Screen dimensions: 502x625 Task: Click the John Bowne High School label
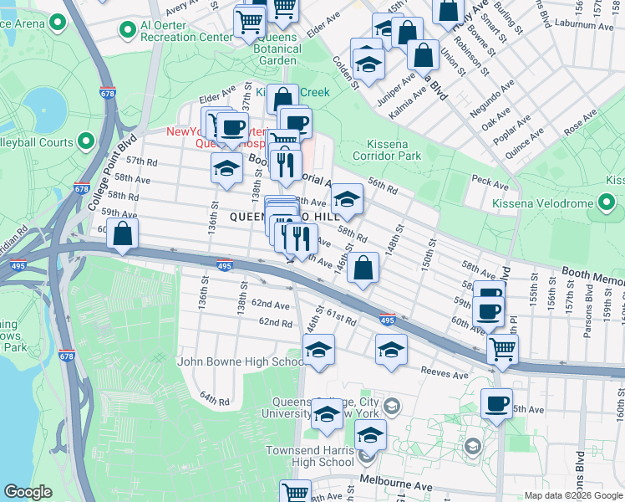pyautogui.click(x=241, y=361)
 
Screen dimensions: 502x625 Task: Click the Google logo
pyautogui.click(x=28, y=492)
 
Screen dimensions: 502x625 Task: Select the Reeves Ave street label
pyautogui.click(x=445, y=375)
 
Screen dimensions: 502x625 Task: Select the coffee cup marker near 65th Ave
pyautogui.click(x=496, y=404)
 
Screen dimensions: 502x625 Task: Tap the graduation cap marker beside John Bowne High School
pyautogui.click(x=318, y=351)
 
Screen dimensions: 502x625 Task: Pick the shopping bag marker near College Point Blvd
pyautogui.click(x=123, y=235)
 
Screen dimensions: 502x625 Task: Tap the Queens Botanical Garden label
pyautogui.click(x=277, y=49)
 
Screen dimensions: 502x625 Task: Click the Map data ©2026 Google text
pyautogui.click(x=572, y=495)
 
